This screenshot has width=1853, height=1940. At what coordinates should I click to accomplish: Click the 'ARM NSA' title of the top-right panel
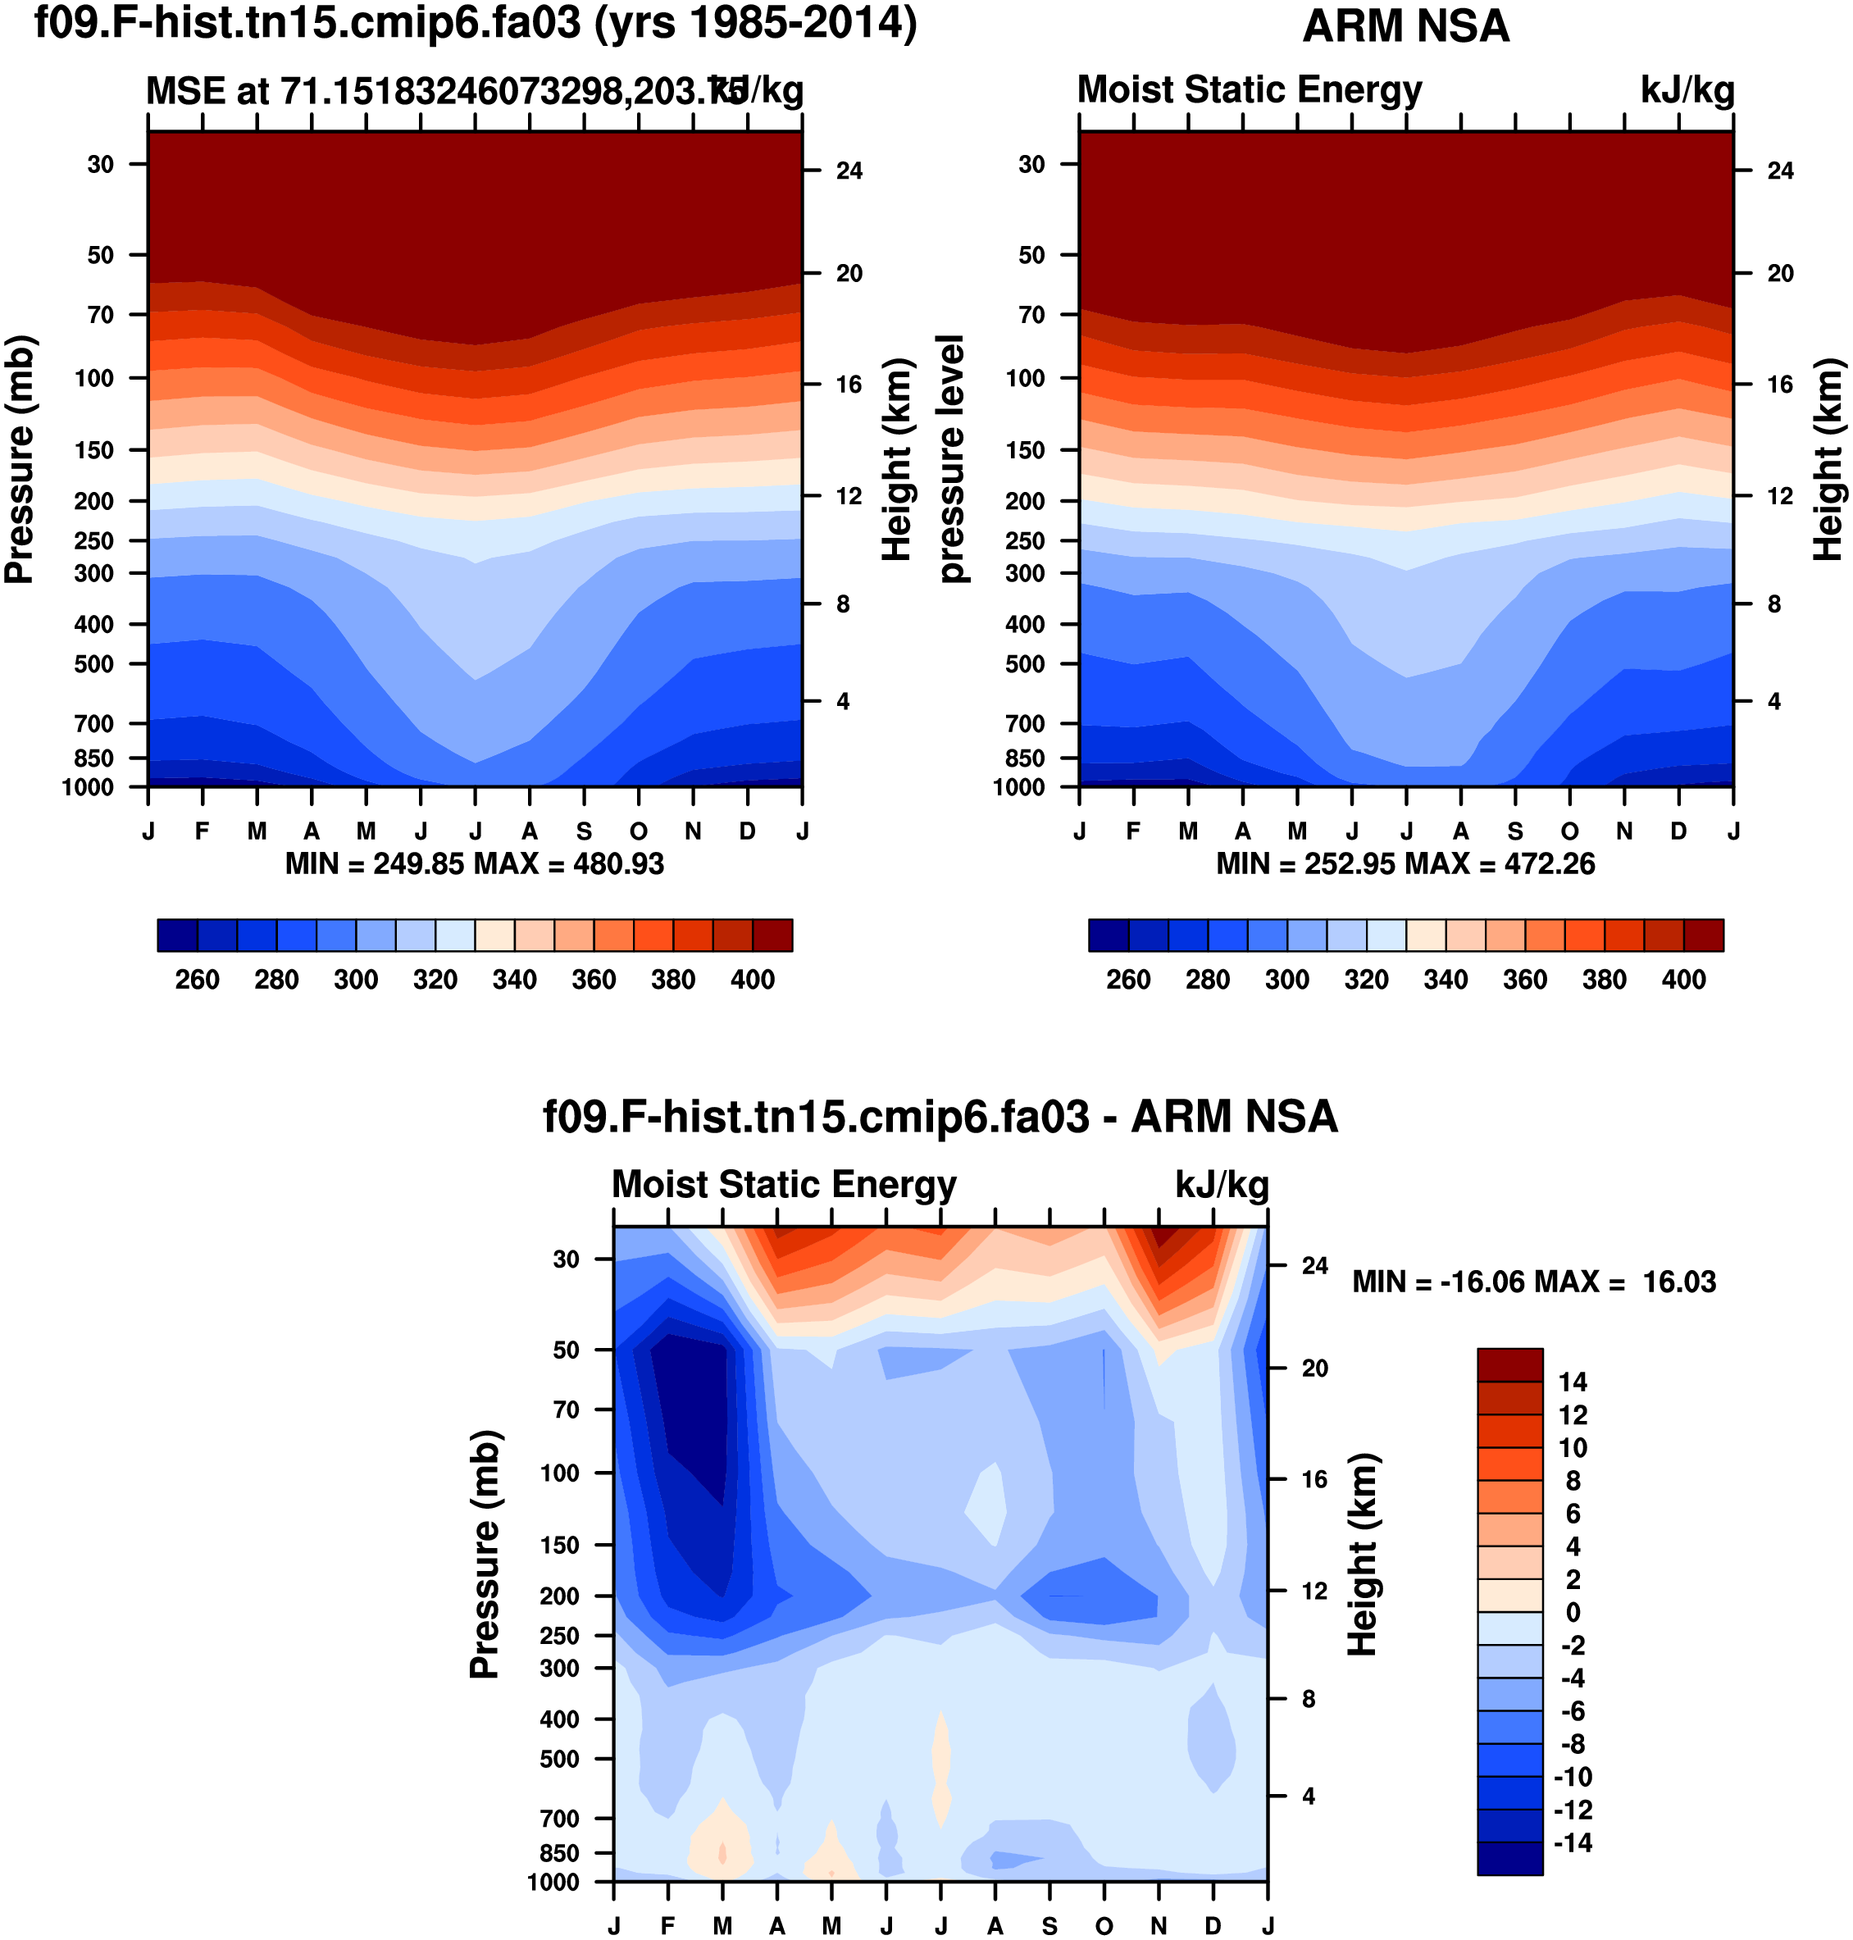[x=1405, y=27]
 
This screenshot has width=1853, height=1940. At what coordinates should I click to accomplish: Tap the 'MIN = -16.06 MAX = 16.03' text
[x=1534, y=1282]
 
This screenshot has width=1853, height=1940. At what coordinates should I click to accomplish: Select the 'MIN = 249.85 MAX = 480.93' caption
[x=474, y=864]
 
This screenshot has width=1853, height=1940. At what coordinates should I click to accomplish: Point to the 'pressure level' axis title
[x=950, y=458]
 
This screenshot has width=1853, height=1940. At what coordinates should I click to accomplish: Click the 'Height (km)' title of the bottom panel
[x=1362, y=1554]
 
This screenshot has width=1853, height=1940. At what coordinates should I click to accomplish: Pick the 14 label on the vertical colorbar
[x=1573, y=1382]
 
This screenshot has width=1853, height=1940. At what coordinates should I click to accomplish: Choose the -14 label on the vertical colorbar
[x=1573, y=1842]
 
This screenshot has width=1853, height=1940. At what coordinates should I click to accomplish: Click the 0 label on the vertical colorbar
[x=1573, y=1612]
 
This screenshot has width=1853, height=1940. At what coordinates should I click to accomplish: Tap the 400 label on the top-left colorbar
[x=753, y=980]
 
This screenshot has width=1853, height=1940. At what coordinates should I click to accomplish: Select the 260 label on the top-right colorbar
[x=1128, y=980]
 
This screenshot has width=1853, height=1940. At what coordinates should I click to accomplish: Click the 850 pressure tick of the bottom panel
[x=560, y=1853]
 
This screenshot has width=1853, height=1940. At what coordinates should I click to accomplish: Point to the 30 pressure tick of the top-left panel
[x=101, y=164]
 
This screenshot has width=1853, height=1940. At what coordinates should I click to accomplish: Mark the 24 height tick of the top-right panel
[x=1780, y=171]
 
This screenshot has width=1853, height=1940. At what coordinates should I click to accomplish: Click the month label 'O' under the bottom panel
[x=1104, y=1925]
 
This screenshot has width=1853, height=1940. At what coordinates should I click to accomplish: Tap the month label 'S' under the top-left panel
[x=585, y=831]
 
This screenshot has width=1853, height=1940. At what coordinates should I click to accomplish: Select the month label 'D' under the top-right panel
[x=1678, y=831]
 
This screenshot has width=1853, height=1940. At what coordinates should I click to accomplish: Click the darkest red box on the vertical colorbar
[x=1509, y=1365]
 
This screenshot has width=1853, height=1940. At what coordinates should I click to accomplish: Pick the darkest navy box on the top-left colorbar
[x=178, y=935]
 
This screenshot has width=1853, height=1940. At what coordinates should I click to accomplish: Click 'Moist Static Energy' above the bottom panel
[x=785, y=1184]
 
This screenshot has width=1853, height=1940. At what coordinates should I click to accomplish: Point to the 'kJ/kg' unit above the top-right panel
[x=1687, y=90]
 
